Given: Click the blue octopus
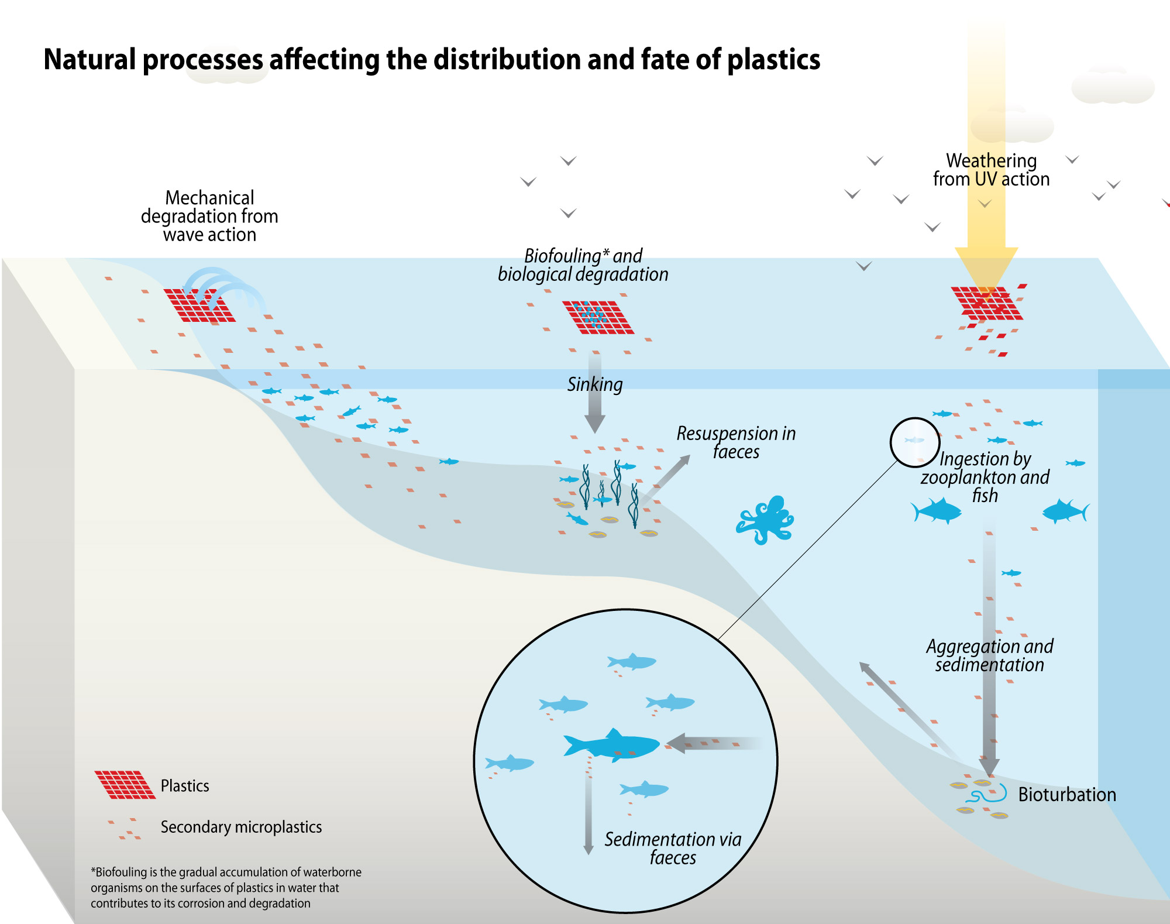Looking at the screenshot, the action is click(x=765, y=520).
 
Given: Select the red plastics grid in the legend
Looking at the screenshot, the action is click(x=125, y=785).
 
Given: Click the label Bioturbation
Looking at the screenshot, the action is click(x=1067, y=794).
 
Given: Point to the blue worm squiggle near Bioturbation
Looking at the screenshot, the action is click(x=986, y=794).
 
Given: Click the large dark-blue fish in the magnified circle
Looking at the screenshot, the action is click(x=612, y=745).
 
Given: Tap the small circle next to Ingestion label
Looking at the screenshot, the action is click(x=915, y=442).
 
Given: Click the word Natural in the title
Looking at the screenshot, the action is click(x=90, y=60).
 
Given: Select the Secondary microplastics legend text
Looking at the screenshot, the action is click(x=241, y=827).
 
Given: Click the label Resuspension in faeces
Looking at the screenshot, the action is click(x=736, y=442).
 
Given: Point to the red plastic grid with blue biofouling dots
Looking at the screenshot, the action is click(x=598, y=318).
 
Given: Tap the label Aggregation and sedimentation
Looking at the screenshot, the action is click(x=990, y=655).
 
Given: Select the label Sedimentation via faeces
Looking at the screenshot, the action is click(x=673, y=848).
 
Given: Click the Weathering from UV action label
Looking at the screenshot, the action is click(x=992, y=170).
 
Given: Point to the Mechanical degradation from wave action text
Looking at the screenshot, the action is click(x=209, y=216).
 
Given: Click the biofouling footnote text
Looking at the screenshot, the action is click(x=226, y=887).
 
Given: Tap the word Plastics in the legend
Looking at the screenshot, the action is click(x=185, y=785).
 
